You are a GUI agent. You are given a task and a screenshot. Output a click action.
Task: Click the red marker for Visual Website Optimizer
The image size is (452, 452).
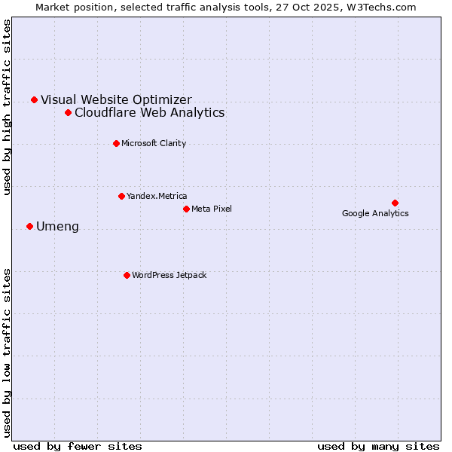click(x=34, y=99)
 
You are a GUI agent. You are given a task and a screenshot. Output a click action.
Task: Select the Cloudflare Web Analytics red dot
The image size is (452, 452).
click(x=68, y=112)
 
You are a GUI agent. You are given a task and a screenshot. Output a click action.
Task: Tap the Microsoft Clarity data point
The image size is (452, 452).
click(x=116, y=143)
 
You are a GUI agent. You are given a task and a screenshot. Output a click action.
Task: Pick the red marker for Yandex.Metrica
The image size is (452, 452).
click(x=121, y=196)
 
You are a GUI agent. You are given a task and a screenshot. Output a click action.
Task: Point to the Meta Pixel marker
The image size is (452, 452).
click(x=186, y=209)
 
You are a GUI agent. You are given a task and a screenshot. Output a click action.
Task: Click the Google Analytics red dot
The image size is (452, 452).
click(x=395, y=203)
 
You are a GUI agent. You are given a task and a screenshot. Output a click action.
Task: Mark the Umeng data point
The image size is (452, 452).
click(x=29, y=226)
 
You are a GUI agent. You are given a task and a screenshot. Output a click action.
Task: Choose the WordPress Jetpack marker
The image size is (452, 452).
click(x=127, y=275)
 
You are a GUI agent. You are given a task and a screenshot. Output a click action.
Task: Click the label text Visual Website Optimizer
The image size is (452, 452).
click(x=116, y=99)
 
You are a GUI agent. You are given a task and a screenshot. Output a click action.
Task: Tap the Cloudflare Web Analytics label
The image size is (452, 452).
click(x=149, y=112)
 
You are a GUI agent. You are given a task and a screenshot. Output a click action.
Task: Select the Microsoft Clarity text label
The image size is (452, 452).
click(x=154, y=143)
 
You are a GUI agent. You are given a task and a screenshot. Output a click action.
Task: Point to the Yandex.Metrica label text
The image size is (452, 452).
click(x=157, y=196)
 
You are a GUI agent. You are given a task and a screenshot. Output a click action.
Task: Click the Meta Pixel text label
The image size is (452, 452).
click(x=212, y=209)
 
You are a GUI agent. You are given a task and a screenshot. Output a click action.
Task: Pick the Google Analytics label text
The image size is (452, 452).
click(x=375, y=213)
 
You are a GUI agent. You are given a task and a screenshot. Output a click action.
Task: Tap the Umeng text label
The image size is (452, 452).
click(x=57, y=227)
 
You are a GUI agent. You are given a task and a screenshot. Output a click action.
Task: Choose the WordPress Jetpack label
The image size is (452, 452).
click(x=169, y=275)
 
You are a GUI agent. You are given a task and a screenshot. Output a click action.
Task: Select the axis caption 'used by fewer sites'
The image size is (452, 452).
click(x=78, y=446)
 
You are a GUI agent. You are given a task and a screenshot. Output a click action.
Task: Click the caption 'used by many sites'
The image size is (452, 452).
click(x=378, y=446)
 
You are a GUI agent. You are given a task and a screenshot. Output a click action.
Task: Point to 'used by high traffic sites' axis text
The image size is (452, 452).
click(x=8, y=107)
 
